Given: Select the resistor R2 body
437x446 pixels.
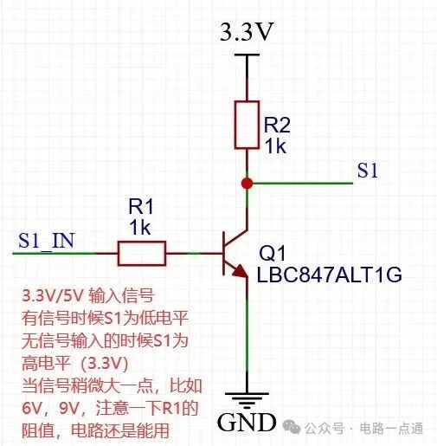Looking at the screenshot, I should click(247, 124).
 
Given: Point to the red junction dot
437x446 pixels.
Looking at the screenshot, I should click(247, 184).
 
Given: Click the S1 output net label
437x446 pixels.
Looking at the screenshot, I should click(368, 171).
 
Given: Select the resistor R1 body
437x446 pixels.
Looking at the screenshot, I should click(142, 253).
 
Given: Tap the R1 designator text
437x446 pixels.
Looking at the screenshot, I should click(141, 208).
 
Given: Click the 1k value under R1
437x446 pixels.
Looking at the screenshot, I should click(140, 228).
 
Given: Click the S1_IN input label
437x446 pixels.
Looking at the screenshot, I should click(47, 240).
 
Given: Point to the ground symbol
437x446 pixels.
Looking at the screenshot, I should click(247, 399).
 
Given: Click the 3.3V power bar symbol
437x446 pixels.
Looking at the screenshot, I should click(247, 55).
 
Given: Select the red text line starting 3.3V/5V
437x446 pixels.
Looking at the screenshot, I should click(87, 297).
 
